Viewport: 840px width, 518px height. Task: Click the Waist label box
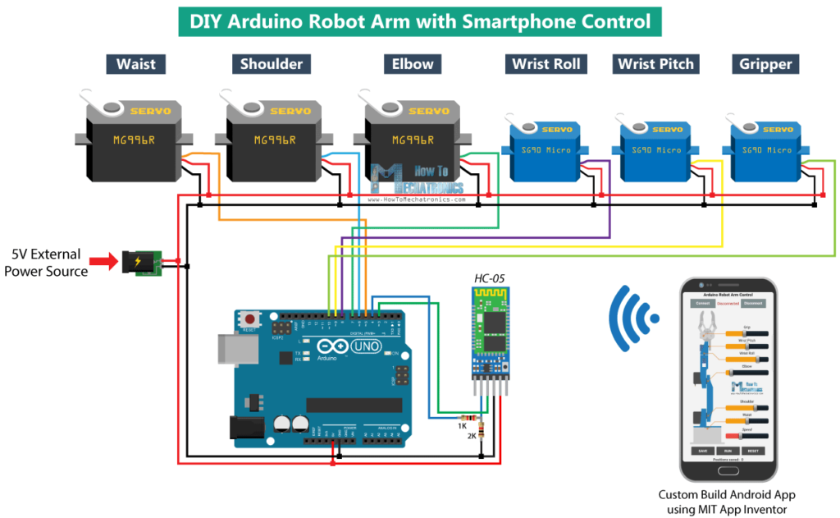[136, 64]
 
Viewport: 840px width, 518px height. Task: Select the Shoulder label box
[272, 64]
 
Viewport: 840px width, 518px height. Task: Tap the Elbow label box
[413, 64]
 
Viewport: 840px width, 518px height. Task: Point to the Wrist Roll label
[546, 64]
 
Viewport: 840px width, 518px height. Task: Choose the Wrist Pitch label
[655, 64]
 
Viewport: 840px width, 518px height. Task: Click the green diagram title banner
[420, 22]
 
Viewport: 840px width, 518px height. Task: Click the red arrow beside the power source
[103, 262]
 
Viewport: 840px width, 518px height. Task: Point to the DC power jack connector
[139, 262]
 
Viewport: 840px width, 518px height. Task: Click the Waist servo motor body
[135, 144]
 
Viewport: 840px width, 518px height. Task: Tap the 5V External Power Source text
[47, 263]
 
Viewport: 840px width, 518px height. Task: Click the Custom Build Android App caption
[727, 502]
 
